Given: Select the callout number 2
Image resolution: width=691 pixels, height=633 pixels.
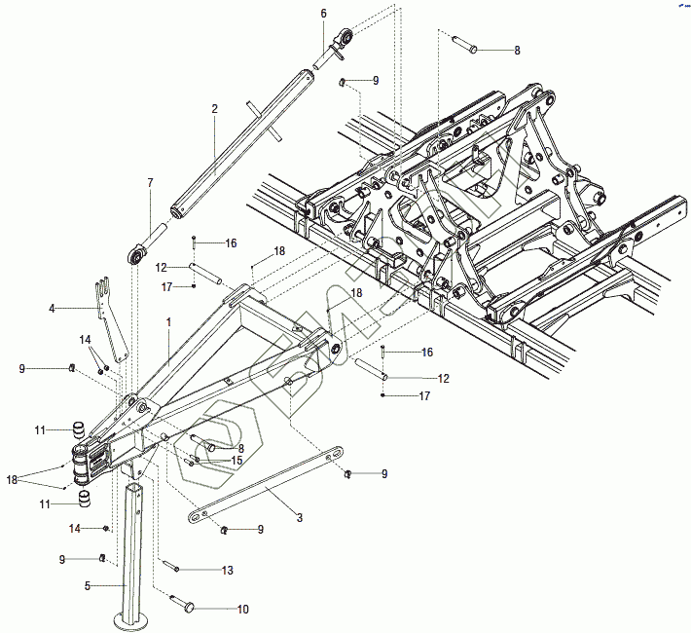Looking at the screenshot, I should (213, 110).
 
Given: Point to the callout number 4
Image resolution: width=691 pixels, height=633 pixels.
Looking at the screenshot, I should (52, 308).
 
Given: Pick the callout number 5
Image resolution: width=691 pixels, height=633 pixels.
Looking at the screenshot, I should (86, 586).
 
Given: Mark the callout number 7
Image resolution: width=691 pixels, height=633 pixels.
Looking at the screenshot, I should (150, 182).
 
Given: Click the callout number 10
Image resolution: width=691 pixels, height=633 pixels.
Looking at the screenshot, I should (243, 609).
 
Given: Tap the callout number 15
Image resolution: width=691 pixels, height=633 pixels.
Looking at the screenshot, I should (236, 460).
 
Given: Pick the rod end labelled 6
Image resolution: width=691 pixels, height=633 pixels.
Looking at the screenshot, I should (338, 41).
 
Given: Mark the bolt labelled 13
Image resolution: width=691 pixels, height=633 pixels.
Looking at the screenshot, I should (171, 566).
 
